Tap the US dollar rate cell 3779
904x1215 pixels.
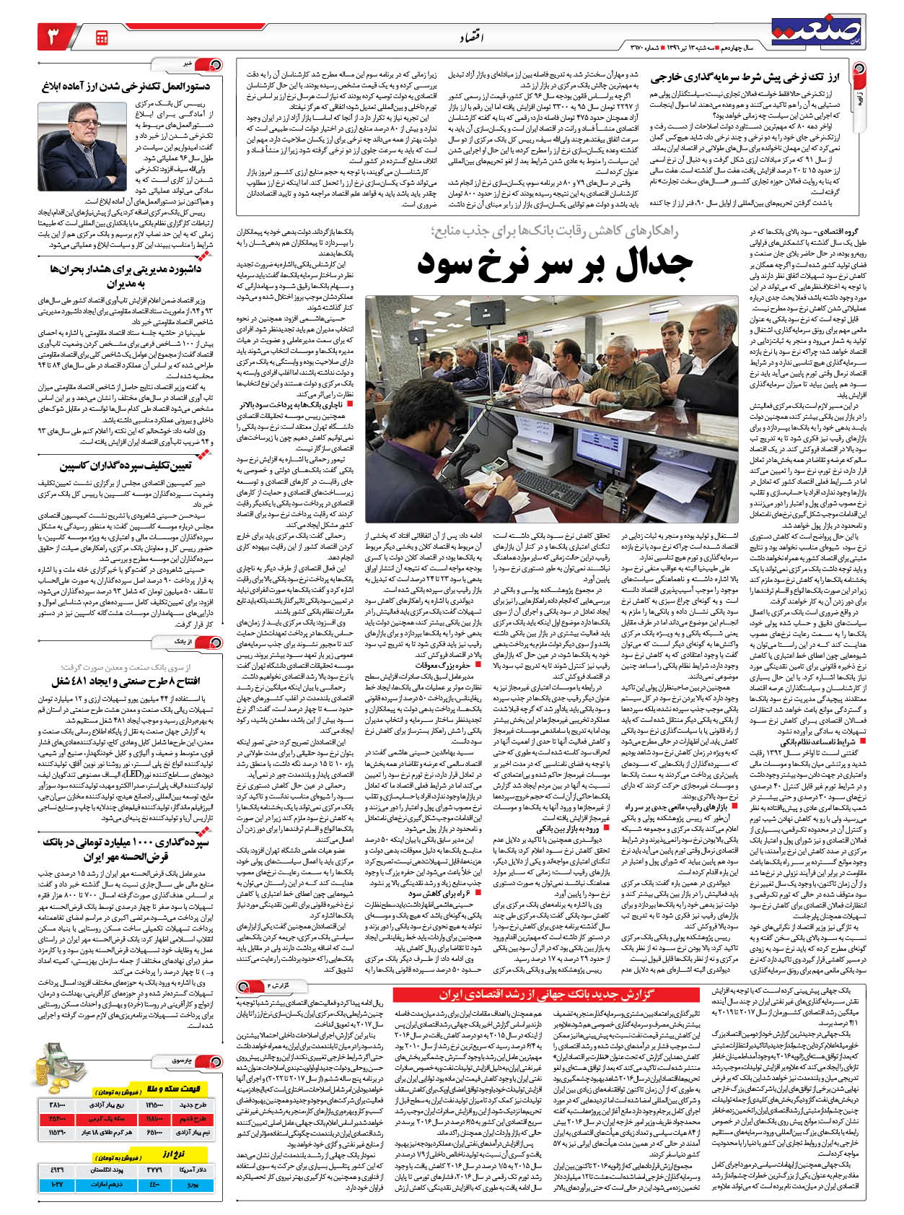[156, 1169]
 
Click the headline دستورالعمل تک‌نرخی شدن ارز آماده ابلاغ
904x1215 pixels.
[126, 87]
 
